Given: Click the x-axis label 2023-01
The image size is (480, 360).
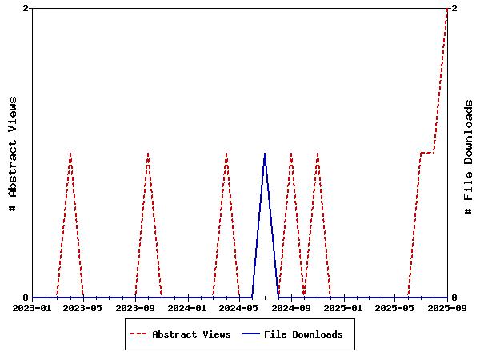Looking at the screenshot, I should (33, 307).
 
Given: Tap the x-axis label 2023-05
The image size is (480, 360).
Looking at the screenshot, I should (84, 307).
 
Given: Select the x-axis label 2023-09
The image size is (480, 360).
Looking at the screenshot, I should (136, 307).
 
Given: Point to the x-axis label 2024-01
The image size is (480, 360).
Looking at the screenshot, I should (188, 307).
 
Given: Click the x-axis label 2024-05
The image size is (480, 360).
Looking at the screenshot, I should (239, 307).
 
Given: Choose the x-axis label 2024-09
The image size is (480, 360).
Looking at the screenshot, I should (291, 307).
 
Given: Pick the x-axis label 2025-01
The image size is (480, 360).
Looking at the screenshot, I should (343, 307).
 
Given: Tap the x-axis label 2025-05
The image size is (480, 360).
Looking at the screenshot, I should (395, 307).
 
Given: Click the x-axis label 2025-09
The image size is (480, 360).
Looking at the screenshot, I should (446, 307).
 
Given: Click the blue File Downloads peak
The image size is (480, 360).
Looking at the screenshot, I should (265, 153).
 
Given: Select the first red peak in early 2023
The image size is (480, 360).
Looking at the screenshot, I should (70, 153).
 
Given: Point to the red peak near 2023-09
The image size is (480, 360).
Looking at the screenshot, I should (148, 153).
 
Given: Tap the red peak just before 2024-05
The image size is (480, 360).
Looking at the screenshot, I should (226, 153).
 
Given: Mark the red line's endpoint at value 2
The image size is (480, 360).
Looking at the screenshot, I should (446, 9).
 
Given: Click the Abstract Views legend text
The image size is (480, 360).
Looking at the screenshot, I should (191, 334).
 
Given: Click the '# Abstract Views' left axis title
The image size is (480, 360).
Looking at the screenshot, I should (12, 153).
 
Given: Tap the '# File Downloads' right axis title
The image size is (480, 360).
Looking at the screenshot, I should (469, 157).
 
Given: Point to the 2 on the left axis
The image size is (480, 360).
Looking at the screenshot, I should (26, 8).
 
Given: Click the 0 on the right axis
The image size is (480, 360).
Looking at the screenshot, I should (454, 298).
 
